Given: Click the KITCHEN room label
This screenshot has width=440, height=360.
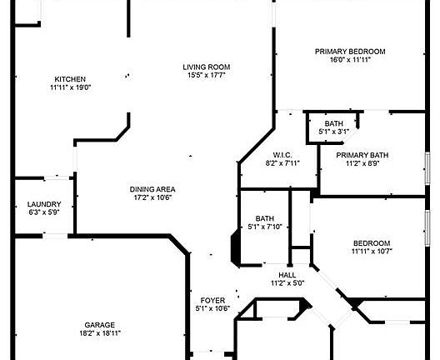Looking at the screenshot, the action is [70, 79].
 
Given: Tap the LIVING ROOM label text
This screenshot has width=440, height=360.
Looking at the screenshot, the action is [207, 67].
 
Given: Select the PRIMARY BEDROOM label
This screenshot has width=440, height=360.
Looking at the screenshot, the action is [350, 52].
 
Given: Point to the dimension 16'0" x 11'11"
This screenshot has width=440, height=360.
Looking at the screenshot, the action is [351, 60].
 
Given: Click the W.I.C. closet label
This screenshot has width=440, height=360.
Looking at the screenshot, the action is [282, 155].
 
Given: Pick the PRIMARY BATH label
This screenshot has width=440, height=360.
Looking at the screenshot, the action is [362, 155].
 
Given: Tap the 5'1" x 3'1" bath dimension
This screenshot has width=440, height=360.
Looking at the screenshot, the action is [334, 132].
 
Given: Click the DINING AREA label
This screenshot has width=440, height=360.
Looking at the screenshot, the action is [152, 189].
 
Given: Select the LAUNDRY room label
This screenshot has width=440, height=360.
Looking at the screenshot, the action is [44, 204].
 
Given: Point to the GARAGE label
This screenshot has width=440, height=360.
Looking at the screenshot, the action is [100, 325].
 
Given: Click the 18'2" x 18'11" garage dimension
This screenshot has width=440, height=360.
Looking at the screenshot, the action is [100, 333].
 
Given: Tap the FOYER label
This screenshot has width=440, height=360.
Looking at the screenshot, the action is [212, 301].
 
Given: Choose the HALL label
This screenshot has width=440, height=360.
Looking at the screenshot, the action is [287, 275].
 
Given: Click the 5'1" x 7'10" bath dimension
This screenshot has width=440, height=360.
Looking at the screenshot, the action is [265, 227].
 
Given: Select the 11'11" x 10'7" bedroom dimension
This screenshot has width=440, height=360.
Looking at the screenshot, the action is [372, 251].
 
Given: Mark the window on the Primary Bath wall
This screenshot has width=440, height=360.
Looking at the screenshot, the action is [427, 168].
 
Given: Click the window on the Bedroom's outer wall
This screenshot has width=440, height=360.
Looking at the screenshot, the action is [427, 228].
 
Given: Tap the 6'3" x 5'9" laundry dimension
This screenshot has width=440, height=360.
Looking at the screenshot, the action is [44, 212].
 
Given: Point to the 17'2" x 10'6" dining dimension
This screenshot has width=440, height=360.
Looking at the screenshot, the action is [152, 197].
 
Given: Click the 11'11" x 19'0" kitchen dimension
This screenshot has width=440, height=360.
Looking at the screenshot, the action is [71, 87].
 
